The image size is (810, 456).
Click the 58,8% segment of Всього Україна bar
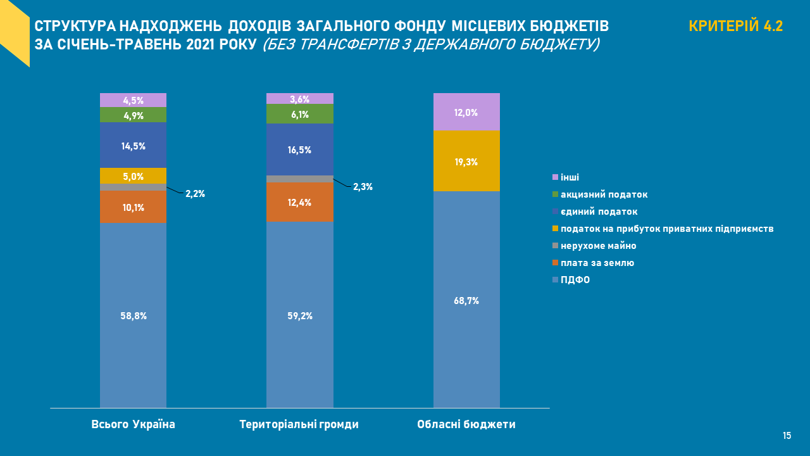[x=133, y=315]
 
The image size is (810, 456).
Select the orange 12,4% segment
[x=299, y=202]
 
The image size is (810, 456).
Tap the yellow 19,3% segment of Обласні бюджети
[x=466, y=161]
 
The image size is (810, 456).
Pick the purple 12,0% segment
[x=466, y=112]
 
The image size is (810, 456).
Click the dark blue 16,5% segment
[x=299, y=149]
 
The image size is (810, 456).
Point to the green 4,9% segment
[x=133, y=115]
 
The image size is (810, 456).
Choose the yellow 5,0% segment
[x=133, y=176]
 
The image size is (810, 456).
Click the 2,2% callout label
[x=195, y=194]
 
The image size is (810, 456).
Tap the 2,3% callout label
[x=363, y=187]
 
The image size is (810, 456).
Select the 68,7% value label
[x=466, y=301]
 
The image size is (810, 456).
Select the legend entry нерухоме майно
[x=598, y=246]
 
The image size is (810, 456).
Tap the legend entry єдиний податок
[x=599, y=212]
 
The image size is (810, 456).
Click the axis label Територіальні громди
[x=299, y=424]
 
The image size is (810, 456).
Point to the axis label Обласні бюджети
[x=466, y=424]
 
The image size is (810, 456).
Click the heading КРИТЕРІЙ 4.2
[x=735, y=26]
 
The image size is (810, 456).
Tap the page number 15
[x=787, y=436]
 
